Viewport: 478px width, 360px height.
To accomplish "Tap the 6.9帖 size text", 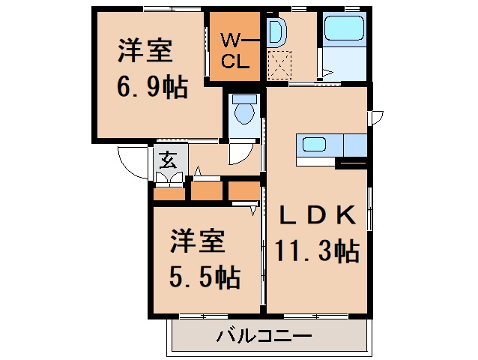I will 151,88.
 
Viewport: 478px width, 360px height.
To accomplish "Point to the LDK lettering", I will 317,214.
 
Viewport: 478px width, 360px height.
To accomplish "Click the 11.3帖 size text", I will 317,250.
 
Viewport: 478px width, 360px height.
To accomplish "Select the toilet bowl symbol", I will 243,112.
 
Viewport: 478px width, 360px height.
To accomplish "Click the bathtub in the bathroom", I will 344,30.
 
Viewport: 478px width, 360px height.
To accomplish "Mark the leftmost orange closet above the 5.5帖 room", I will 169,193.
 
